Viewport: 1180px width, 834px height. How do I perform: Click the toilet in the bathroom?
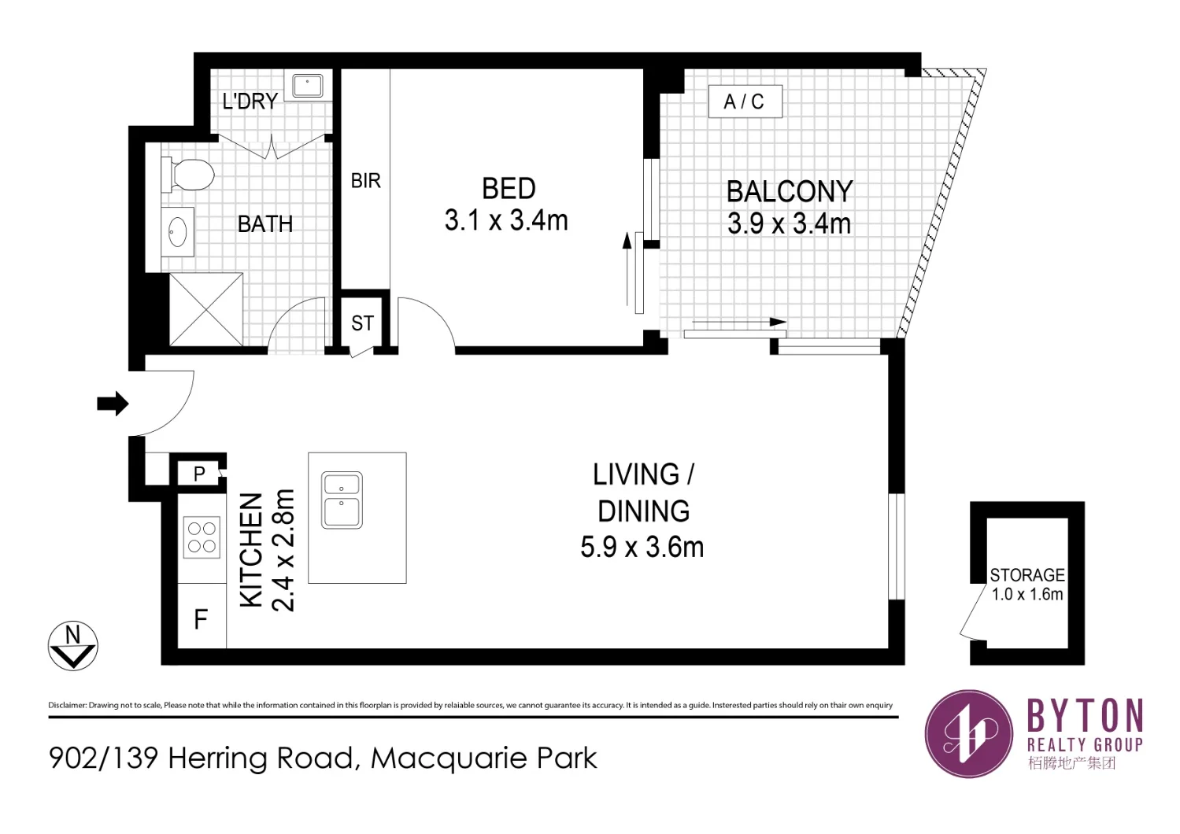click(x=189, y=175)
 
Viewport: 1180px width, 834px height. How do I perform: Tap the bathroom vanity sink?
click(x=178, y=232)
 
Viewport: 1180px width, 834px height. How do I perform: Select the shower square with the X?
click(x=206, y=309)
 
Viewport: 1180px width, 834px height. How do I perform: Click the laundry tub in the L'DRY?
click(x=307, y=86)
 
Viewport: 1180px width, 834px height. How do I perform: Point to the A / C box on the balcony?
click(x=745, y=101)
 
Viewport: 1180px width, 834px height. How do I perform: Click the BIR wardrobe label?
click(x=365, y=181)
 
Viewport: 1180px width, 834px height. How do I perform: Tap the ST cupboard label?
click(x=362, y=323)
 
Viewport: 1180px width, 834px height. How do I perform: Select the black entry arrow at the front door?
click(x=113, y=404)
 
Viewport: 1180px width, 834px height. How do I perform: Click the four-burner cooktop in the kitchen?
click(x=202, y=538)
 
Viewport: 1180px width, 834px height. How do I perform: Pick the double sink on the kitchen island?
click(x=342, y=500)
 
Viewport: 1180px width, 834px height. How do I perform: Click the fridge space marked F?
click(x=202, y=620)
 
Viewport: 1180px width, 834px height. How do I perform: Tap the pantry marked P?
click(x=199, y=474)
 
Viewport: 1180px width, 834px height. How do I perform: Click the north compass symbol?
click(x=72, y=646)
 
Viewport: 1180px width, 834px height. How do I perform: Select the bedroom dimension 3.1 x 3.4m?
click(x=506, y=221)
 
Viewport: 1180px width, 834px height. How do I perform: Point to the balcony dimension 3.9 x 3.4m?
click(x=789, y=224)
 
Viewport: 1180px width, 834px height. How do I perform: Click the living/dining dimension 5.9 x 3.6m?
click(x=642, y=548)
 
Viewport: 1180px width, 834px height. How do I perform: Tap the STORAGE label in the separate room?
click(x=1027, y=575)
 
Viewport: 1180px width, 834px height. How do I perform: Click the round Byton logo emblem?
click(x=967, y=733)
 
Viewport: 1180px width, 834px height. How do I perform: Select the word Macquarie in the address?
click(x=449, y=758)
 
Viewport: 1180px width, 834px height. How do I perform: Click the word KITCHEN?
click(x=250, y=550)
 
